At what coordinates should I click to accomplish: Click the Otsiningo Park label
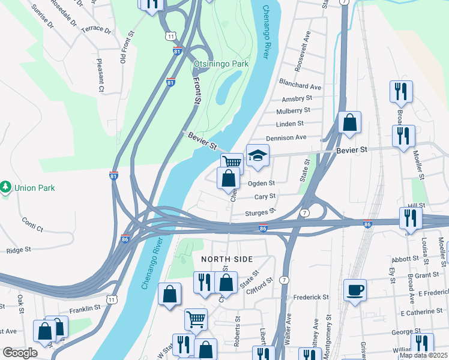coord(221,63)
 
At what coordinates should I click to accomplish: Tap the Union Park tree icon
coord(7,188)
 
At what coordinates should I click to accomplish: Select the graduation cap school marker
coord(258,156)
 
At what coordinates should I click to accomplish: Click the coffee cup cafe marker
coord(355,291)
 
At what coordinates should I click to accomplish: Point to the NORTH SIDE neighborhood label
coord(227,259)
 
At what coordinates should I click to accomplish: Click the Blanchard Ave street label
coord(300,86)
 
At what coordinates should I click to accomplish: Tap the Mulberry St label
coord(293,110)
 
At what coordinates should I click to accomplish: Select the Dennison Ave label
coord(286,138)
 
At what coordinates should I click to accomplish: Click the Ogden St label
coord(261,183)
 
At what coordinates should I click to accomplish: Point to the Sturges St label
coord(260,212)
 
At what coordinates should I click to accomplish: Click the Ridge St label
coord(19,251)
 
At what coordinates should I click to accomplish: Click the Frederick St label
coord(311,297)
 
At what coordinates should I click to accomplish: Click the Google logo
coord(20,353)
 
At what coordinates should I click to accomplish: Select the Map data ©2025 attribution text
coord(423,355)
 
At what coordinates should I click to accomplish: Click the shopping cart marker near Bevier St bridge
coord(232,162)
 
